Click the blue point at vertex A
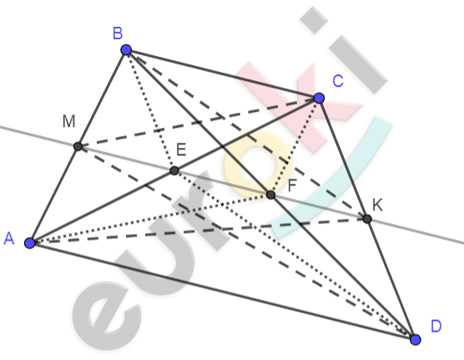point(30,243)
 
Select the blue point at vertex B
point(126,50)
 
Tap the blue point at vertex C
point(319,98)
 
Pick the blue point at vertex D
point(416,340)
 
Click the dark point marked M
point(78,146)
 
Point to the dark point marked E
point(174,170)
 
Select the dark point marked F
point(270,195)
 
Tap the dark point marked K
point(367,219)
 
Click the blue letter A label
point(9,238)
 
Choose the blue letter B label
point(118,33)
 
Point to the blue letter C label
point(338,80)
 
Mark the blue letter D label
point(436,327)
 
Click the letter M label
point(69,121)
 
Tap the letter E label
point(181,150)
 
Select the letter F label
point(292,185)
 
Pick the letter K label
point(377,205)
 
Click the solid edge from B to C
point(223,74)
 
